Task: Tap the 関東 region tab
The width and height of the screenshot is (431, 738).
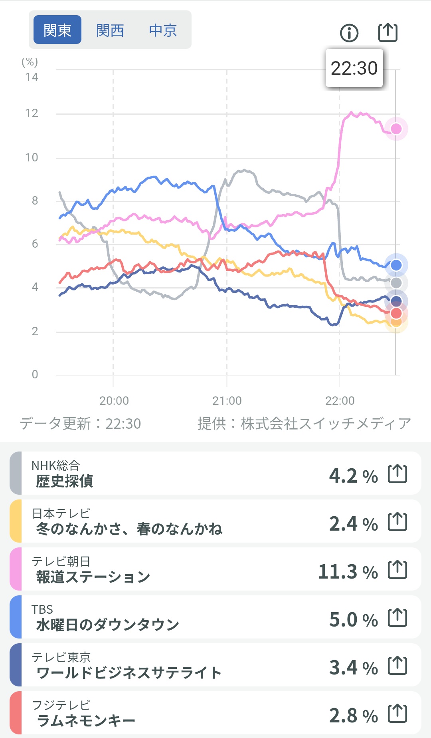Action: click(57, 30)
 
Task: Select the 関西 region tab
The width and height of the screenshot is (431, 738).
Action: click(110, 30)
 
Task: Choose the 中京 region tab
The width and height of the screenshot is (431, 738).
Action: click(163, 30)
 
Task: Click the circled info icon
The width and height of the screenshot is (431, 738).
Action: click(349, 33)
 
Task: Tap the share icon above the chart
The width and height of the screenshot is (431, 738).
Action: click(388, 32)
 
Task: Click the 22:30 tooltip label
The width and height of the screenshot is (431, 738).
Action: click(354, 68)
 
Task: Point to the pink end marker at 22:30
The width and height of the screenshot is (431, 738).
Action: click(396, 129)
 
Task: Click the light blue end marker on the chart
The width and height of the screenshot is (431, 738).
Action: click(396, 265)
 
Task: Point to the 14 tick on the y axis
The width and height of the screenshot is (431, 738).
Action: click(32, 77)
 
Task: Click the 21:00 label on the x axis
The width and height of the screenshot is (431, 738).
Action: click(227, 400)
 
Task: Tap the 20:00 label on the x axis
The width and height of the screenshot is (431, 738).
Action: click(114, 400)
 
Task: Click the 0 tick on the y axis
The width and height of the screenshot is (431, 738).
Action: click(35, 374)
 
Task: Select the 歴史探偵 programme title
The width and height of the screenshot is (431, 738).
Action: click(65, 481)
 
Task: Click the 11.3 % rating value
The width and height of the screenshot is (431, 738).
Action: click(348, 572)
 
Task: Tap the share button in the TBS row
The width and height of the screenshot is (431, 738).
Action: click(397, 618)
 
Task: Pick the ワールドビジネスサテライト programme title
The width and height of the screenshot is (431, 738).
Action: click(129, 673)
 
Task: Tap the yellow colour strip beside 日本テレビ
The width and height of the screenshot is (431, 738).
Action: click(16, 521)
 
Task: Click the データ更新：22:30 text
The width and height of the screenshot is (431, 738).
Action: click(80, 424)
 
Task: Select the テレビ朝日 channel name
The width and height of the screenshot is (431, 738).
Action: click(61, 561)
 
